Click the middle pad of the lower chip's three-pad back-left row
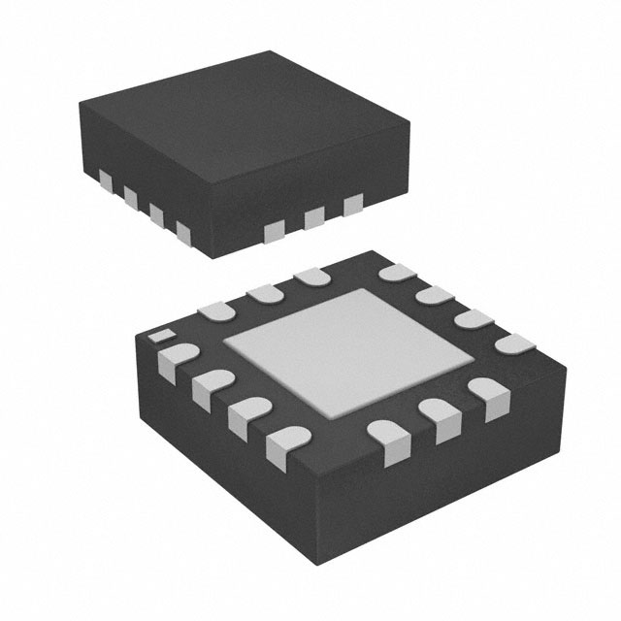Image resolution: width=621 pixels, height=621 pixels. pos(263,291)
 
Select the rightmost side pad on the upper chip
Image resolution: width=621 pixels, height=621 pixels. pos(352,203)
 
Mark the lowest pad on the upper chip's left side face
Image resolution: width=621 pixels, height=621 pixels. pos(182,230)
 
